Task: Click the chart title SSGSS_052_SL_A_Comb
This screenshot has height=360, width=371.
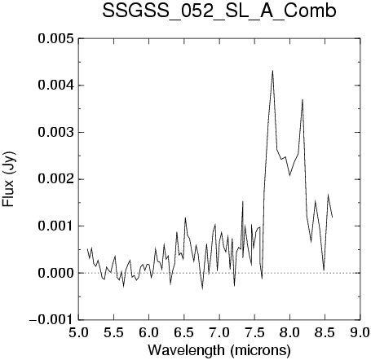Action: tap(219, 11)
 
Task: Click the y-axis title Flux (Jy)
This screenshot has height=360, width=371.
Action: tap(9, 179)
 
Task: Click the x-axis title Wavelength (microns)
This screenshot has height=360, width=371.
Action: tap(219, 350)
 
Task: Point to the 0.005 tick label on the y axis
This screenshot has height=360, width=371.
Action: tap(55, 38)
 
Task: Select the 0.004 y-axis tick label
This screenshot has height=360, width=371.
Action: tap(55, 86)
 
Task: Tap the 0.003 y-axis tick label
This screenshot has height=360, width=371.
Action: tap(55, 133)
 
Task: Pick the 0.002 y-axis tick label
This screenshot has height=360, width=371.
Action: tap(55, 179)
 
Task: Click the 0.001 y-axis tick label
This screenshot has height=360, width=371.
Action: tap(55, 226)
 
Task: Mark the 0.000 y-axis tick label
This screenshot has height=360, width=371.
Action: tap(55, 273)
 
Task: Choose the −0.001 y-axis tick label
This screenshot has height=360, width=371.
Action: tap(51, 320)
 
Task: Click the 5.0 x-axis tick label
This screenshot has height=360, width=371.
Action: tap(78, 332)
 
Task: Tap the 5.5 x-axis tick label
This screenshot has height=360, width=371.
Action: tap(113, 332)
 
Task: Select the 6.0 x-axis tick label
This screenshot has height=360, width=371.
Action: tap(149, 332)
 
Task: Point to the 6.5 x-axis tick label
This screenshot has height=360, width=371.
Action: tap(184, 332)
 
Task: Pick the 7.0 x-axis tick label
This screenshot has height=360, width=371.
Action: tap(219, 332)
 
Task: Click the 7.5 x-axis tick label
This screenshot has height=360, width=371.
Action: tap(254, 332)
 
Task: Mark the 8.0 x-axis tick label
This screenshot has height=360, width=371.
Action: tap(289, 332)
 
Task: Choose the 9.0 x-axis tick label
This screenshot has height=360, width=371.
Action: tap(360, 332)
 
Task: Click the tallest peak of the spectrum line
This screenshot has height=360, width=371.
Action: tap(272, 71)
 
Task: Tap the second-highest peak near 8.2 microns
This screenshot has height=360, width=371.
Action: tap(303, 99)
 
